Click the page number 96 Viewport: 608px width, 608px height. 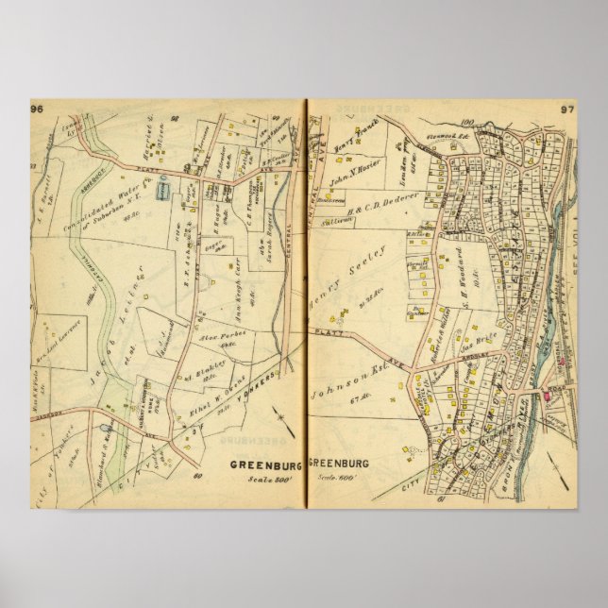39,109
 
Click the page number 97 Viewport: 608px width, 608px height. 567,110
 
